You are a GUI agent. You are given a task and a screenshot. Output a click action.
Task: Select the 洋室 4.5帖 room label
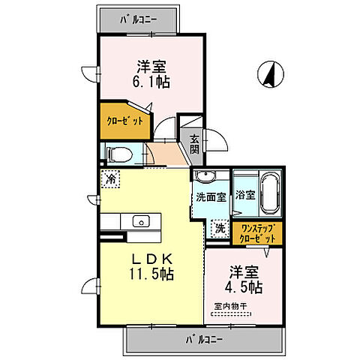[x=245, y=280]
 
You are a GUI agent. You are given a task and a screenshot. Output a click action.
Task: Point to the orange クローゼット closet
[x=123, y=120]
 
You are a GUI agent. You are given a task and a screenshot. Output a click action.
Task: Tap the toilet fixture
[x=118, y=154]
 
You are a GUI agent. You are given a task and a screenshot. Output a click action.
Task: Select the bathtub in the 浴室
[x=268, y=193]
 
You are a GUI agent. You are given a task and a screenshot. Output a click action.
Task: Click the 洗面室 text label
[x=211, y=199]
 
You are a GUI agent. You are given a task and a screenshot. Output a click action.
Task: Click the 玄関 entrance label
[x=194, y=142]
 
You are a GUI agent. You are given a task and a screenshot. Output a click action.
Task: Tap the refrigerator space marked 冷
[x=111, y=179]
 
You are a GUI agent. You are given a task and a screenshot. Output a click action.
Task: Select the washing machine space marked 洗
[x=220, y=227]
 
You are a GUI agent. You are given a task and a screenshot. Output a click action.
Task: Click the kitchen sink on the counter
[x=139, y=221]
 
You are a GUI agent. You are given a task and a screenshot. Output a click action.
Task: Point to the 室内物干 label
[x=231, y=307]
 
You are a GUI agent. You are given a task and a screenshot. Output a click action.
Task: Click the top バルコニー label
[x=139, y=20]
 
